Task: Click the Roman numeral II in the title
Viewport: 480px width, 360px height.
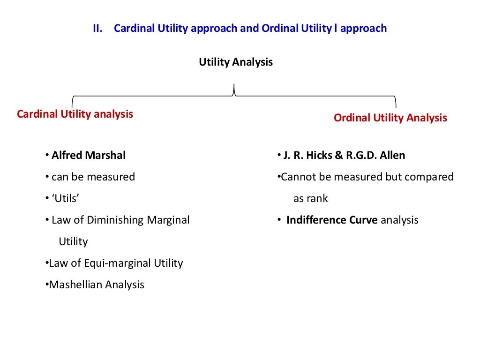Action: coord(97,29)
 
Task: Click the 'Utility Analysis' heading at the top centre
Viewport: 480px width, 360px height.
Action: coord(236,62)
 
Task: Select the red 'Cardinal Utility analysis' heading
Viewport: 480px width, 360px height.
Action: coord(75,114)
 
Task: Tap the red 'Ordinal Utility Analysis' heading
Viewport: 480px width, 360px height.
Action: coord(390,118)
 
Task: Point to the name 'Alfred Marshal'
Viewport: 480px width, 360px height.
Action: coord(89,155)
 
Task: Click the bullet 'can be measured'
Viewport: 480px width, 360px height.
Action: coord(93,177)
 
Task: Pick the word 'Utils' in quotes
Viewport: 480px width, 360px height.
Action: coord(65,198)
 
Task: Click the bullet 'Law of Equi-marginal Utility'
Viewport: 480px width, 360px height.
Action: coord(116,263)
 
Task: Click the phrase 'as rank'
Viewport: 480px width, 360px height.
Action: coord(310,198)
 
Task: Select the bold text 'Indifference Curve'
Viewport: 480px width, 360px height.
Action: coord(332,220)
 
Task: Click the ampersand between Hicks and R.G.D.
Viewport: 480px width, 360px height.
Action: coord(338,155)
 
